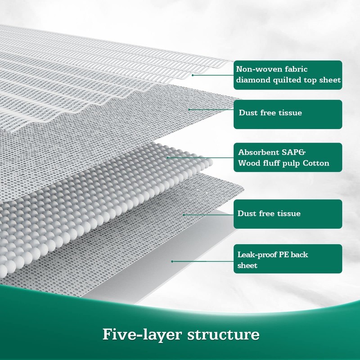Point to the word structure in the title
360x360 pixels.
[x=225, y=335]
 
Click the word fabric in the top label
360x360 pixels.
[x=297, y=70]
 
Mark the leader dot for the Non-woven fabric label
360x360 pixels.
[x=193, y=75]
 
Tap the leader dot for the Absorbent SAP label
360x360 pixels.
[x=168, y=157]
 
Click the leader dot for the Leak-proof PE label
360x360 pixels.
[x=172, y=261]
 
